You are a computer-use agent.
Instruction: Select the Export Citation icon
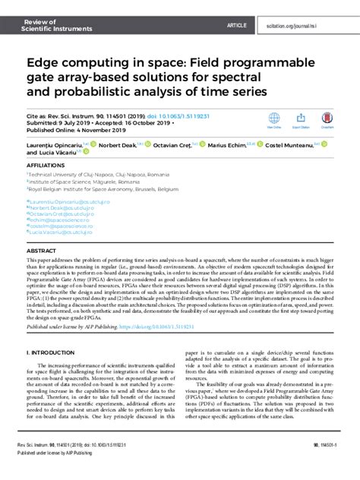(x=301, y=118)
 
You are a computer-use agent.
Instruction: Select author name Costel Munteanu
(x=289, y=145)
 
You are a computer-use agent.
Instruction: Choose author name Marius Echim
(x=229, y=145)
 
